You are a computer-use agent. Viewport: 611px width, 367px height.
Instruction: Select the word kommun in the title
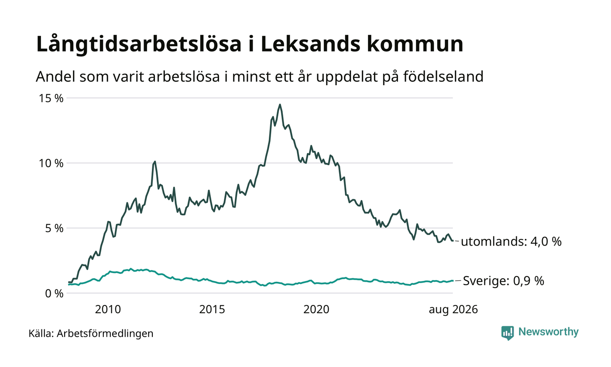(x=415, y=44)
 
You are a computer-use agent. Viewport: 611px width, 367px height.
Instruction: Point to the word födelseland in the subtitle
(x=443, y=76)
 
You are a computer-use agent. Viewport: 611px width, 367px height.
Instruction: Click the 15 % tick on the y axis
(x=51, y=98)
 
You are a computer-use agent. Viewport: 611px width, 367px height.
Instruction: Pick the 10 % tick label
(x=51, y=163)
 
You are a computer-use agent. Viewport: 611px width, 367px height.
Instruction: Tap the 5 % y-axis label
(x=54, y=228)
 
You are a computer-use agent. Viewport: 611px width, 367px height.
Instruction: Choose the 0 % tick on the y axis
(x=54, y=294)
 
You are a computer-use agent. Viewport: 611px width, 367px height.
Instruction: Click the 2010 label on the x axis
(x=108, y=309)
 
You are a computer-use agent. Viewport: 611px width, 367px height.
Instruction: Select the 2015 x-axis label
(x=212, y=309)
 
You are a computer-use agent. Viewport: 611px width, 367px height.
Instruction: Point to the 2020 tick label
(x=316, y=309)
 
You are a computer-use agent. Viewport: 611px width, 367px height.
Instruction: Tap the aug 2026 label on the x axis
(x=453, y=310)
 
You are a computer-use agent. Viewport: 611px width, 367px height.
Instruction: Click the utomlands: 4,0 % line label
(x=511, y=242)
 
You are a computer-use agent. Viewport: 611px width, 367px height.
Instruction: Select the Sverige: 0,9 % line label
(x=504, y=280)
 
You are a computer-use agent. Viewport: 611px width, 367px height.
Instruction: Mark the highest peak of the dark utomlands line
(x=280, y=104)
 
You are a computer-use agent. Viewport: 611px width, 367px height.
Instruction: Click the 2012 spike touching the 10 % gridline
(x=155, y=162)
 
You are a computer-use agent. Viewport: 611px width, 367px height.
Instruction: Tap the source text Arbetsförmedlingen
(x=105, y=333)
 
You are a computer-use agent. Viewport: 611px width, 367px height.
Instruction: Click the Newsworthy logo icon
(x=507, y=333)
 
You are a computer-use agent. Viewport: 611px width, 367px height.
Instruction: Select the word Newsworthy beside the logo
(x=548, y=332)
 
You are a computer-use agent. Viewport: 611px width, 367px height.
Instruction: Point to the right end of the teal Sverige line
(x=453, y=280)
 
